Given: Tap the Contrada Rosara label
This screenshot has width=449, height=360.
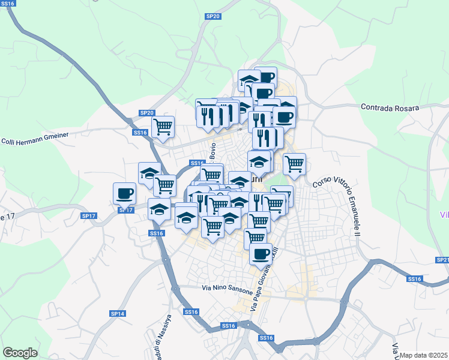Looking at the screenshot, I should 389,107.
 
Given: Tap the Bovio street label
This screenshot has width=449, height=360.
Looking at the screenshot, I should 212,152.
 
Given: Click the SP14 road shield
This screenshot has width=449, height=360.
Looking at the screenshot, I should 117,314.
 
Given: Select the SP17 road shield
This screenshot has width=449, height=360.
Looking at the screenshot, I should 88,215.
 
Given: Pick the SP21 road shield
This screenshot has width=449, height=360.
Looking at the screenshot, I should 442,260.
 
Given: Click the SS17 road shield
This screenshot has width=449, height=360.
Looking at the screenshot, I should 125,210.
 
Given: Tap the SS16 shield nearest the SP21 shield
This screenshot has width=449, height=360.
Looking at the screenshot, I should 414,279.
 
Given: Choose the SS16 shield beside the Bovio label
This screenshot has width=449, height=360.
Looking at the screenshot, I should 197,163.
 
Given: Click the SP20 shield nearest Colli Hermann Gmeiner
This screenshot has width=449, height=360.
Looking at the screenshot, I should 146,113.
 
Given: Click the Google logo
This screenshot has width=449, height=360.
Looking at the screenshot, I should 20,353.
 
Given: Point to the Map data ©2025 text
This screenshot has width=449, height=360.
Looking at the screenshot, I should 424,355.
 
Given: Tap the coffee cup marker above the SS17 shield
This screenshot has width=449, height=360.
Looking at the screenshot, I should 124,193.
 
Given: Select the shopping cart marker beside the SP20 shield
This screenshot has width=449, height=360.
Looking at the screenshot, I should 163,127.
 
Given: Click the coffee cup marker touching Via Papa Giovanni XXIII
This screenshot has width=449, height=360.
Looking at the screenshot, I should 260,254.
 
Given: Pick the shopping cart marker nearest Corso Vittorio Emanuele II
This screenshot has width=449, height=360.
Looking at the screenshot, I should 294,163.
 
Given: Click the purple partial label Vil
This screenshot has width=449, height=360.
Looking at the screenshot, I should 444,215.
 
